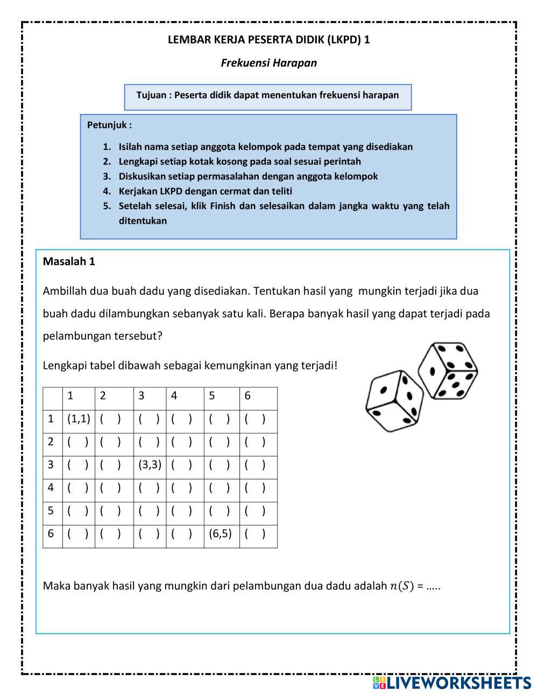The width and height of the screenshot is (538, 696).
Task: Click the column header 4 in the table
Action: coord(174,396)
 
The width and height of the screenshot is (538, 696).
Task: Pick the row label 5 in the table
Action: coord(51,510)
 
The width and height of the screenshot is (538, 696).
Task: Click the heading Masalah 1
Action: coord(69,261)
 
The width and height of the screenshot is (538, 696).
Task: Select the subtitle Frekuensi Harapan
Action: coord(268,63)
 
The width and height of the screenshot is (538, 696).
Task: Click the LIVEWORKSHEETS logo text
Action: coord(459,683)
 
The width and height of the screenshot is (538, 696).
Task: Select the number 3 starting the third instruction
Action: coord(107,176)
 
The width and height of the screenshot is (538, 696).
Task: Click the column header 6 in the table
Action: coord(247,396)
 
